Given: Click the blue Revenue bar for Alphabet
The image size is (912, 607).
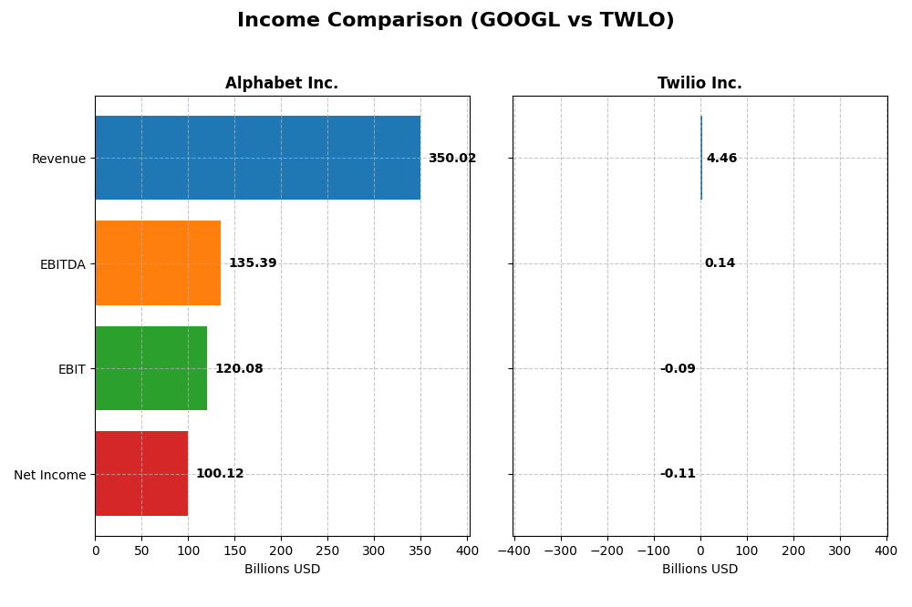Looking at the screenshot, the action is (258, 158).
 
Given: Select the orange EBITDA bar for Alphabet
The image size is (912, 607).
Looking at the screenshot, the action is (158, 262).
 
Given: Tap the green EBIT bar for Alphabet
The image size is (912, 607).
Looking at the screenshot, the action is (151, 368).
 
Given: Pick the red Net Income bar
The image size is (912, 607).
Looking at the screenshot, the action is (142, 473).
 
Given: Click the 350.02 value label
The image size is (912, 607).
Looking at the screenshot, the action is (452, 159).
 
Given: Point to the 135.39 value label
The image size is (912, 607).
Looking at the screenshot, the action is (253, 262).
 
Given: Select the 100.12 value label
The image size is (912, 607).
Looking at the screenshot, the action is (220, 473).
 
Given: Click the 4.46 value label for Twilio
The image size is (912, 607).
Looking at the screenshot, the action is (721, 159).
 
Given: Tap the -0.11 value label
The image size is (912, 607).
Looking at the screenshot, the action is (678, 473).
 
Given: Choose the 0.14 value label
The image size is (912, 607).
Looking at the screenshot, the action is (720, 262).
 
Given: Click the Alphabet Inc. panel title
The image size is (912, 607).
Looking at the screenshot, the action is (282, 83).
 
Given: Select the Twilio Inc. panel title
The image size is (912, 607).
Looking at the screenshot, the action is (700, 83).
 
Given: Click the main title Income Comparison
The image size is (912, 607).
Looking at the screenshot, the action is (456, 20).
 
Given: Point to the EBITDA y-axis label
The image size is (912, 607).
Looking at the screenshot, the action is (63, 264).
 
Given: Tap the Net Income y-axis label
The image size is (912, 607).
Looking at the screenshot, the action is (50, 475).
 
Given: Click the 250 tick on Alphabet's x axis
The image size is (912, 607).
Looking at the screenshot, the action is (327, 550).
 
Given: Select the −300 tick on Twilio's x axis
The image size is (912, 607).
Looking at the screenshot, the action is (561, 550).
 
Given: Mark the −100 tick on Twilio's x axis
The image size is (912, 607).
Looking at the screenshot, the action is (654, 550).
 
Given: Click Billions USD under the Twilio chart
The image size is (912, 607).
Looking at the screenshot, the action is (700, 569).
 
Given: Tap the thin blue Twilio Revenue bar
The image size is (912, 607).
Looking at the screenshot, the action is (701, 158).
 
